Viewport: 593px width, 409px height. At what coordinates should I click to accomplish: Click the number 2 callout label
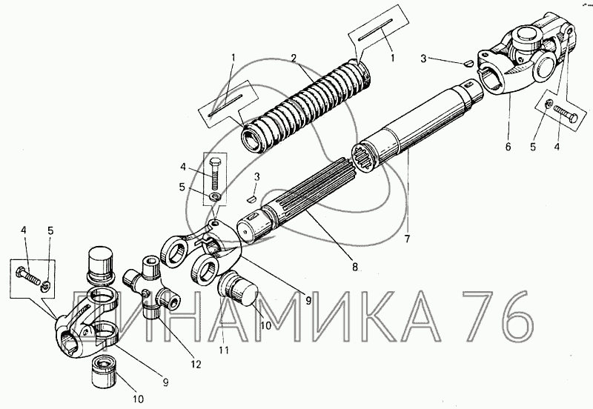point(293,58)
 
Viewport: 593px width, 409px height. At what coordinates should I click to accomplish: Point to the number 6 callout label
point(508,147)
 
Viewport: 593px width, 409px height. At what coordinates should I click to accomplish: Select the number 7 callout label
point(407,239)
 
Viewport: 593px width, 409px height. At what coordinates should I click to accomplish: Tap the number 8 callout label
point(355,267)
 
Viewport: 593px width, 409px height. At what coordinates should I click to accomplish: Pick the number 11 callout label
point(224,350)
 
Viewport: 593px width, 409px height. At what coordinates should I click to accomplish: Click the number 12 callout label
point(196,365)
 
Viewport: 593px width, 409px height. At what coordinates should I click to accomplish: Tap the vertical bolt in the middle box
point(214,173)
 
